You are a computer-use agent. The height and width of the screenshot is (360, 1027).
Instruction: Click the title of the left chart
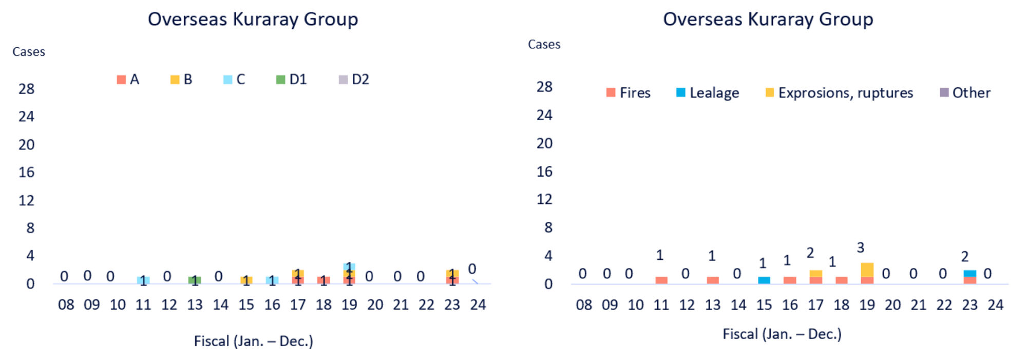pos(253,20)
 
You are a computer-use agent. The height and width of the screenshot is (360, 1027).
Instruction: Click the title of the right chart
pos(768,20)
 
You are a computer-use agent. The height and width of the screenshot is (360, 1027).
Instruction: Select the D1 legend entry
pos(292,80)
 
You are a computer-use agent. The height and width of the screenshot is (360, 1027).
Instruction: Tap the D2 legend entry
pos(354,80)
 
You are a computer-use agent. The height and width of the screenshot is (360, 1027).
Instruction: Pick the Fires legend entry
pos(629,93)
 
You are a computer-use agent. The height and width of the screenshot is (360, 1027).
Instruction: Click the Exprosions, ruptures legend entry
pos(839,93)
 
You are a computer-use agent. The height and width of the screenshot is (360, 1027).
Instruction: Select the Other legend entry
pos(965,93)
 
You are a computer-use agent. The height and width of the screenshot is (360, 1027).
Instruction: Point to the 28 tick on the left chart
pos(27,89)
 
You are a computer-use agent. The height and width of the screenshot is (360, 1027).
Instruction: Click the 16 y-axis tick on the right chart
pos(544,172)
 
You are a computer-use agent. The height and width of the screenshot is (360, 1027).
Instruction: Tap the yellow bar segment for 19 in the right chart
pos(867,270)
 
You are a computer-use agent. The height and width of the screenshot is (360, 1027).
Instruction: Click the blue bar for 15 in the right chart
pos(764,280)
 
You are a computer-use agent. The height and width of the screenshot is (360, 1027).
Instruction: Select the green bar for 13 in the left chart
pos(195,280)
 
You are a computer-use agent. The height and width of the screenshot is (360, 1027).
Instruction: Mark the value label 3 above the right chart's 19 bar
pos(861,248)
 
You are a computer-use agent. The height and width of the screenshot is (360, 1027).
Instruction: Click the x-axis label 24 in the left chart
pos(478,305)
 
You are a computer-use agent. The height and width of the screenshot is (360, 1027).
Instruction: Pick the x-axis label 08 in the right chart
pos(584,305)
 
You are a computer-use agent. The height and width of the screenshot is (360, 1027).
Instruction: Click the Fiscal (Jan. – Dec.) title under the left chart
pos(253,342)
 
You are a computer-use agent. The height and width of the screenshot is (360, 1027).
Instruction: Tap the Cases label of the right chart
pos(544,45)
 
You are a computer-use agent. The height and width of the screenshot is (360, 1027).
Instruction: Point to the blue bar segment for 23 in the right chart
pos(970,273)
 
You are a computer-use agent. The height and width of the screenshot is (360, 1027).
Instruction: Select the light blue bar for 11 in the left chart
pos(143,280)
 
